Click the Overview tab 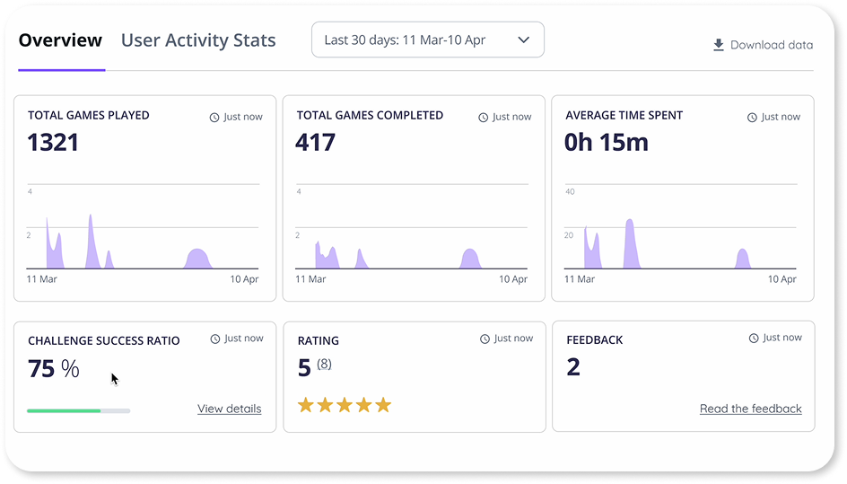(60, 40)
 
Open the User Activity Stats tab (198, 40)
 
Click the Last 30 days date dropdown (427, 40)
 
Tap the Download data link (771, 45)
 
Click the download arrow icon (718, 45)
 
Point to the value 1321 (53, 142)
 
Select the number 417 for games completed (315, 142)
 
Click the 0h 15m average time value (606, 142)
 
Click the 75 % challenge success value (54, 368)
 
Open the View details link (229, 409)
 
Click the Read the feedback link (750, 409)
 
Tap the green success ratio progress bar (64, 410)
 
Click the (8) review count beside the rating (324, 364)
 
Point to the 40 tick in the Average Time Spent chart (569, 192)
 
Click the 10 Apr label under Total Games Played (244, 279)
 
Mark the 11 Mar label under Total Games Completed (310, 279)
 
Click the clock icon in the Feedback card (754, 339)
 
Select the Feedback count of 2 (573, 366)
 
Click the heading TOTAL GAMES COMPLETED (370, 115)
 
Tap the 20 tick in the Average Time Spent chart (569, 235)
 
